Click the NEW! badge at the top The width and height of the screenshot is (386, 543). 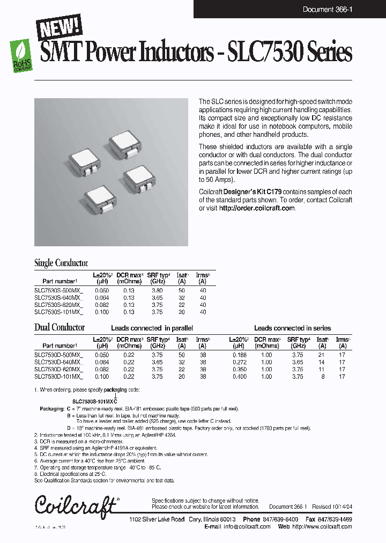[60, 27]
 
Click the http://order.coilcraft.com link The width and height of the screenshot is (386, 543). [257, 208]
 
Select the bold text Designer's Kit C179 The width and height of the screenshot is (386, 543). [251, 192]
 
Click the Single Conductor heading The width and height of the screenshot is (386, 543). [61, 263]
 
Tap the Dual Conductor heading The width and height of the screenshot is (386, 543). [60, 327]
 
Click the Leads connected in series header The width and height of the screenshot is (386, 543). [292, 328]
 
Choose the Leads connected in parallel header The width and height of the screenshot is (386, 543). [152, 328]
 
